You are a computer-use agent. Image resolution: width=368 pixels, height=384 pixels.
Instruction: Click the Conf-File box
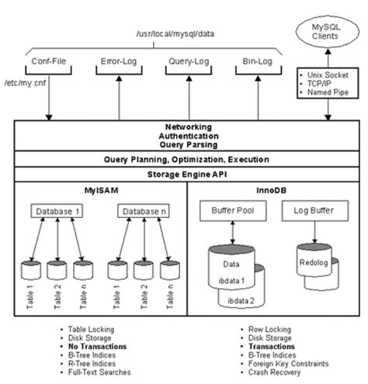[48, 61]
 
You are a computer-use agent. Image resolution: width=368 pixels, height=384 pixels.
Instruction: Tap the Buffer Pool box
[228, 210]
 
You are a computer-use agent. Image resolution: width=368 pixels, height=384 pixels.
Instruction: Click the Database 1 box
[58, 211]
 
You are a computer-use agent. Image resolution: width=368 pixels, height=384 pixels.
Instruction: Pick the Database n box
[143, 211]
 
